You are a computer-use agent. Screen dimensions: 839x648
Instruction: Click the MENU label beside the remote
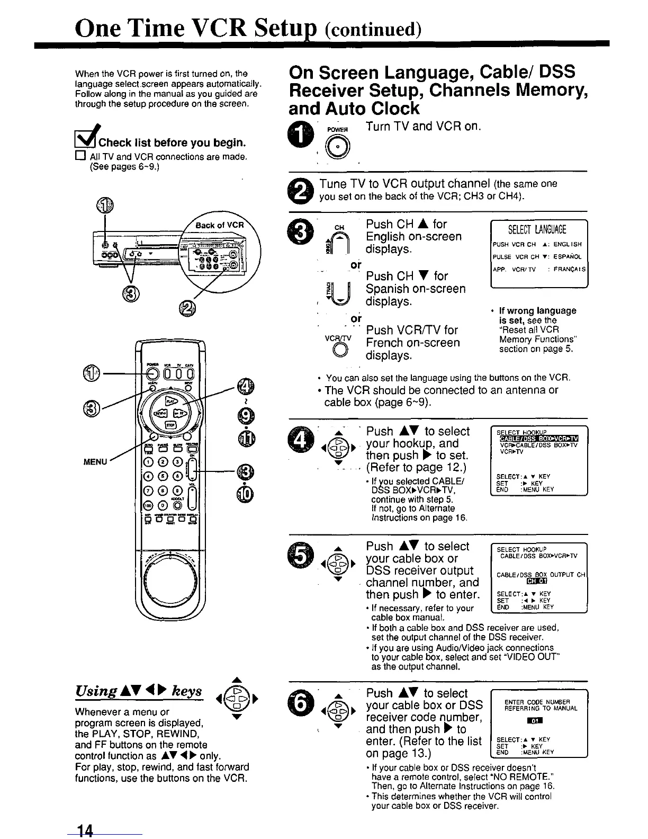[x=96, y=462]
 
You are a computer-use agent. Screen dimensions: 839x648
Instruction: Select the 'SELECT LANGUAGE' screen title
[x=537, y=229]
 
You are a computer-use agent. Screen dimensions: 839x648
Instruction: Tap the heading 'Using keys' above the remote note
[x=139, y=691]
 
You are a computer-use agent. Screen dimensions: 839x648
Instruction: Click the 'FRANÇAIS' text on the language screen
[x=569, y=269]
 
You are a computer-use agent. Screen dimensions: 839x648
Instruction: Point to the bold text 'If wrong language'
[x=537, y=310]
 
